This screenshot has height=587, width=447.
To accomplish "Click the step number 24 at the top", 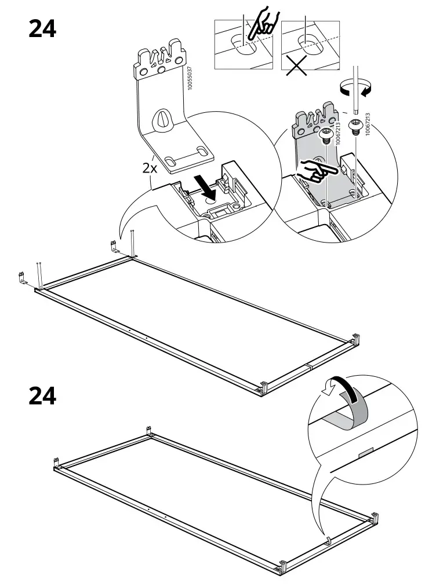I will [42, 28].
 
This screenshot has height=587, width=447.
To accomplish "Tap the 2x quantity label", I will [150, 168].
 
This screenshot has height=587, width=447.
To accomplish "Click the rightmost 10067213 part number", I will [368, 124].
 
